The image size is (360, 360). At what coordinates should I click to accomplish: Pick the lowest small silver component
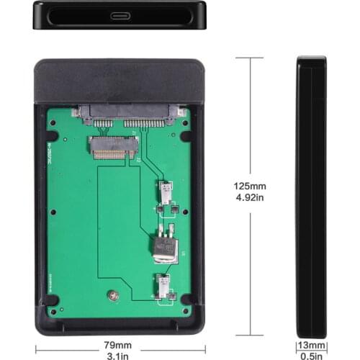click(x=163, y=286)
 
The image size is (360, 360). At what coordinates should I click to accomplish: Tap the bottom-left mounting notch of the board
click(x=53, y=298)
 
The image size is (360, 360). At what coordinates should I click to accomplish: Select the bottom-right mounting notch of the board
click(x=186, y=298)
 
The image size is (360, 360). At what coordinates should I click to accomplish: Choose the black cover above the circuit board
click(x=120, y=81)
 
